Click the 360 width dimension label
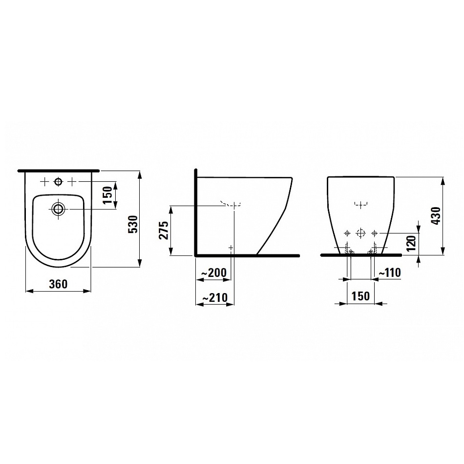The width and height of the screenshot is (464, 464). (58, 284)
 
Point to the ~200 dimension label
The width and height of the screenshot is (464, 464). (213, 273)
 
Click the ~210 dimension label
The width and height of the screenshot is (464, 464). (215, 297)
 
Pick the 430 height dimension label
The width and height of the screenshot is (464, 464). (436, 216)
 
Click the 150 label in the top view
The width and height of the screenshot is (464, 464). (108, 195)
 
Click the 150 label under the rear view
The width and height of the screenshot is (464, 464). (360, 296)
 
